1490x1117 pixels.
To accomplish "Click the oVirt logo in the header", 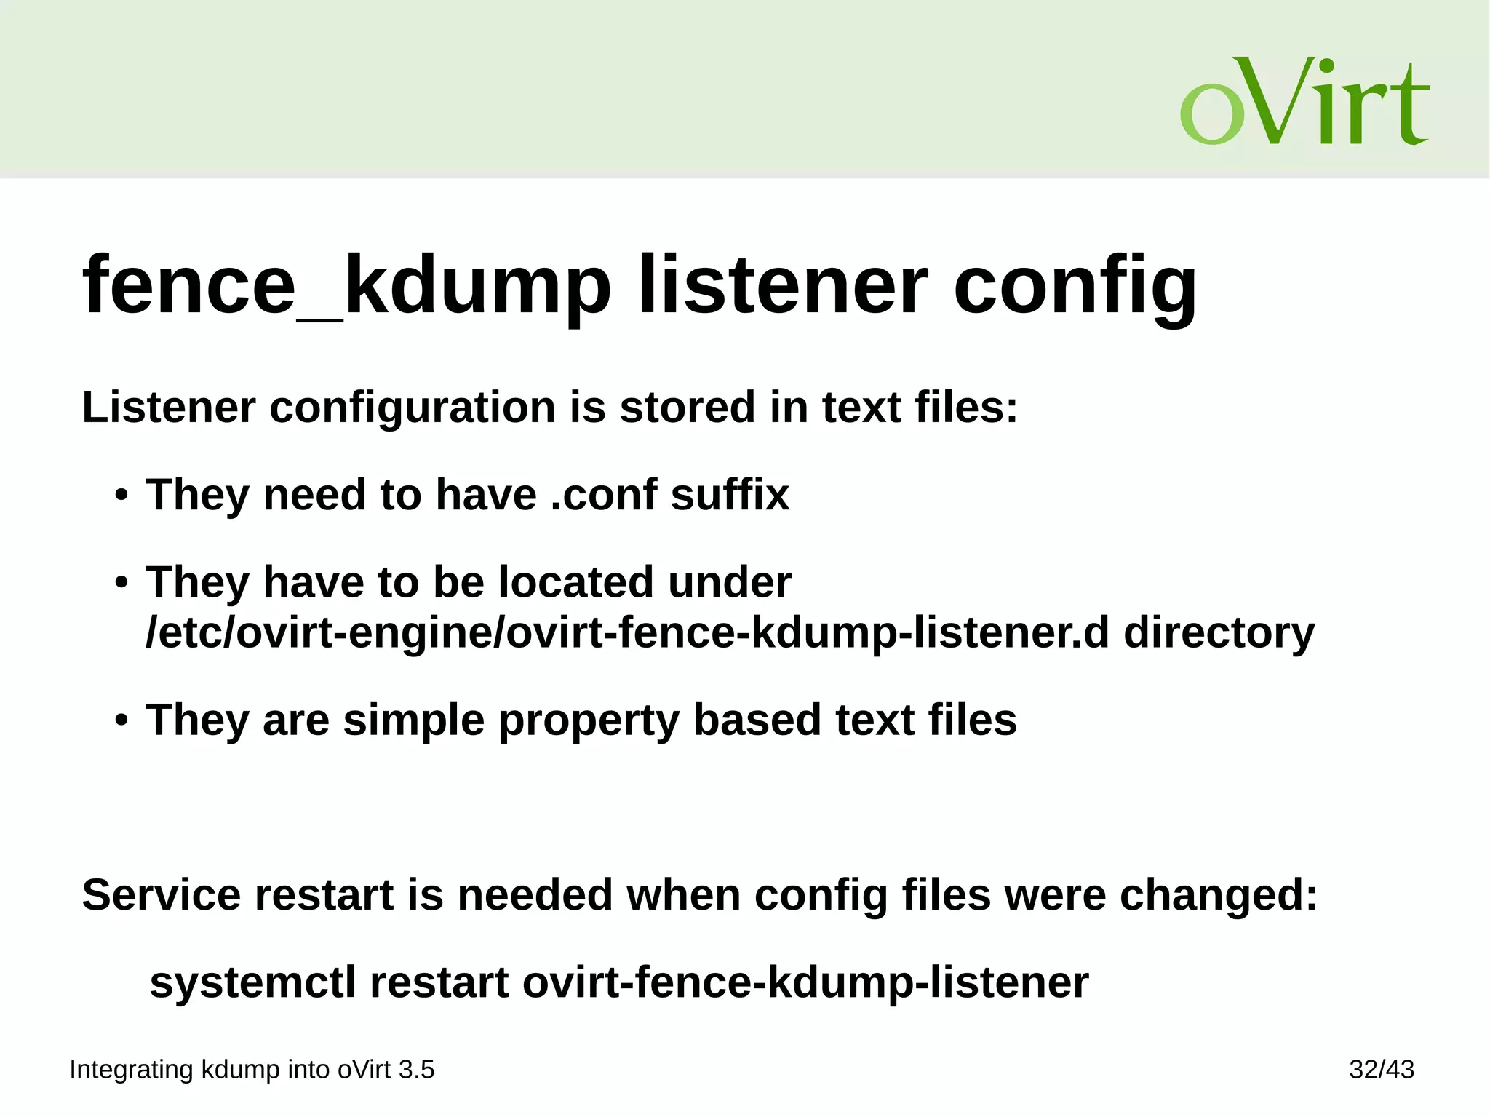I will click(x=1304, y=102).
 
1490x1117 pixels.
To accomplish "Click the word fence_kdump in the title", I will click(x=346, y=285).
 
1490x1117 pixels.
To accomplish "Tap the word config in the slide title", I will click(x=1075, y=285).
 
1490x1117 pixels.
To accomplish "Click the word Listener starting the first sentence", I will click(x=169, y=407).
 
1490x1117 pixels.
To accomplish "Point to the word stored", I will click(x=687, y=407).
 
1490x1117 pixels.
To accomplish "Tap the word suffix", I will click(x=730, y=495).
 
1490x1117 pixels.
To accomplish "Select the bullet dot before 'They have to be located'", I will click(x=121, y=584).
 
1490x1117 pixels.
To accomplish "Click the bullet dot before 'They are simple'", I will click(x=121, y=720).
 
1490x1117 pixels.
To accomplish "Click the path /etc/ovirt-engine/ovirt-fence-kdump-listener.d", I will click(x=627, y=632).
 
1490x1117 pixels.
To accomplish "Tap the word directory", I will click(x=1219, y=632).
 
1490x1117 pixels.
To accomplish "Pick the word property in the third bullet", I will click(x=588, y=720).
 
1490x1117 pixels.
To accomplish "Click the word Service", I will click(x=161, y=894).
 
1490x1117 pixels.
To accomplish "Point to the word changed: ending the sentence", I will click(x=1219, y=894).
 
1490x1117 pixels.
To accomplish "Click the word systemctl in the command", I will click(x=252, y=982).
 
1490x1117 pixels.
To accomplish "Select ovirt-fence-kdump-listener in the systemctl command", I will click(x=805, y=982).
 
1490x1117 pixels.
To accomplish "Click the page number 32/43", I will click(x=1381, y=1070).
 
